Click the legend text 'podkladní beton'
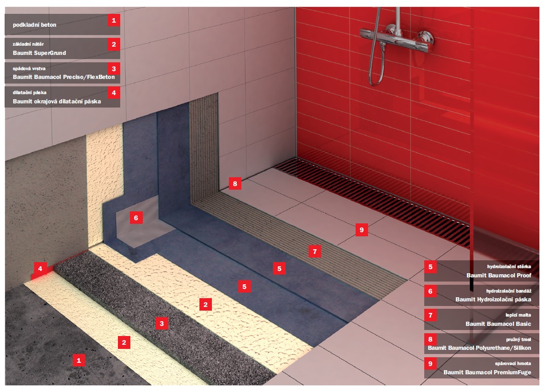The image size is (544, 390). point(35,24)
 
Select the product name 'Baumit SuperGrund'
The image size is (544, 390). point(39,53)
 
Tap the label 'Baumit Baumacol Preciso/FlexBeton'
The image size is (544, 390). point(64,77)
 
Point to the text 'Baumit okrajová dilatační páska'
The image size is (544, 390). point(57,101)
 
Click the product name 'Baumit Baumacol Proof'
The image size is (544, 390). point(498,275)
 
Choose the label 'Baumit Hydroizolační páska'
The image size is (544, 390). point(493,299)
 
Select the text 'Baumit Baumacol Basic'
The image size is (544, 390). point(498,324)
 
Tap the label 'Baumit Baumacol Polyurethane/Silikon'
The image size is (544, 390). point(479,348)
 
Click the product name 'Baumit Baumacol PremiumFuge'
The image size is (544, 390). point(487,372)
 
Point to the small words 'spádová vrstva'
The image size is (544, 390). point(29,68)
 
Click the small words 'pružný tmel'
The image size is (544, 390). point(518,339)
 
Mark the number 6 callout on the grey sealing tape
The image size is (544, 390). point(136,218)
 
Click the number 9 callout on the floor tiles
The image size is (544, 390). point(362,230)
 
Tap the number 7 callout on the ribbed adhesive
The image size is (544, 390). point(315,252)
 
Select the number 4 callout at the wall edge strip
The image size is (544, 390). point(40,268)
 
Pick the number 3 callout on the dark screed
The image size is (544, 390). point(162,324)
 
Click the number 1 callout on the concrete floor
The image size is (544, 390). point(79,360)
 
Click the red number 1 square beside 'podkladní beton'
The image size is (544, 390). point(114,20)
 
